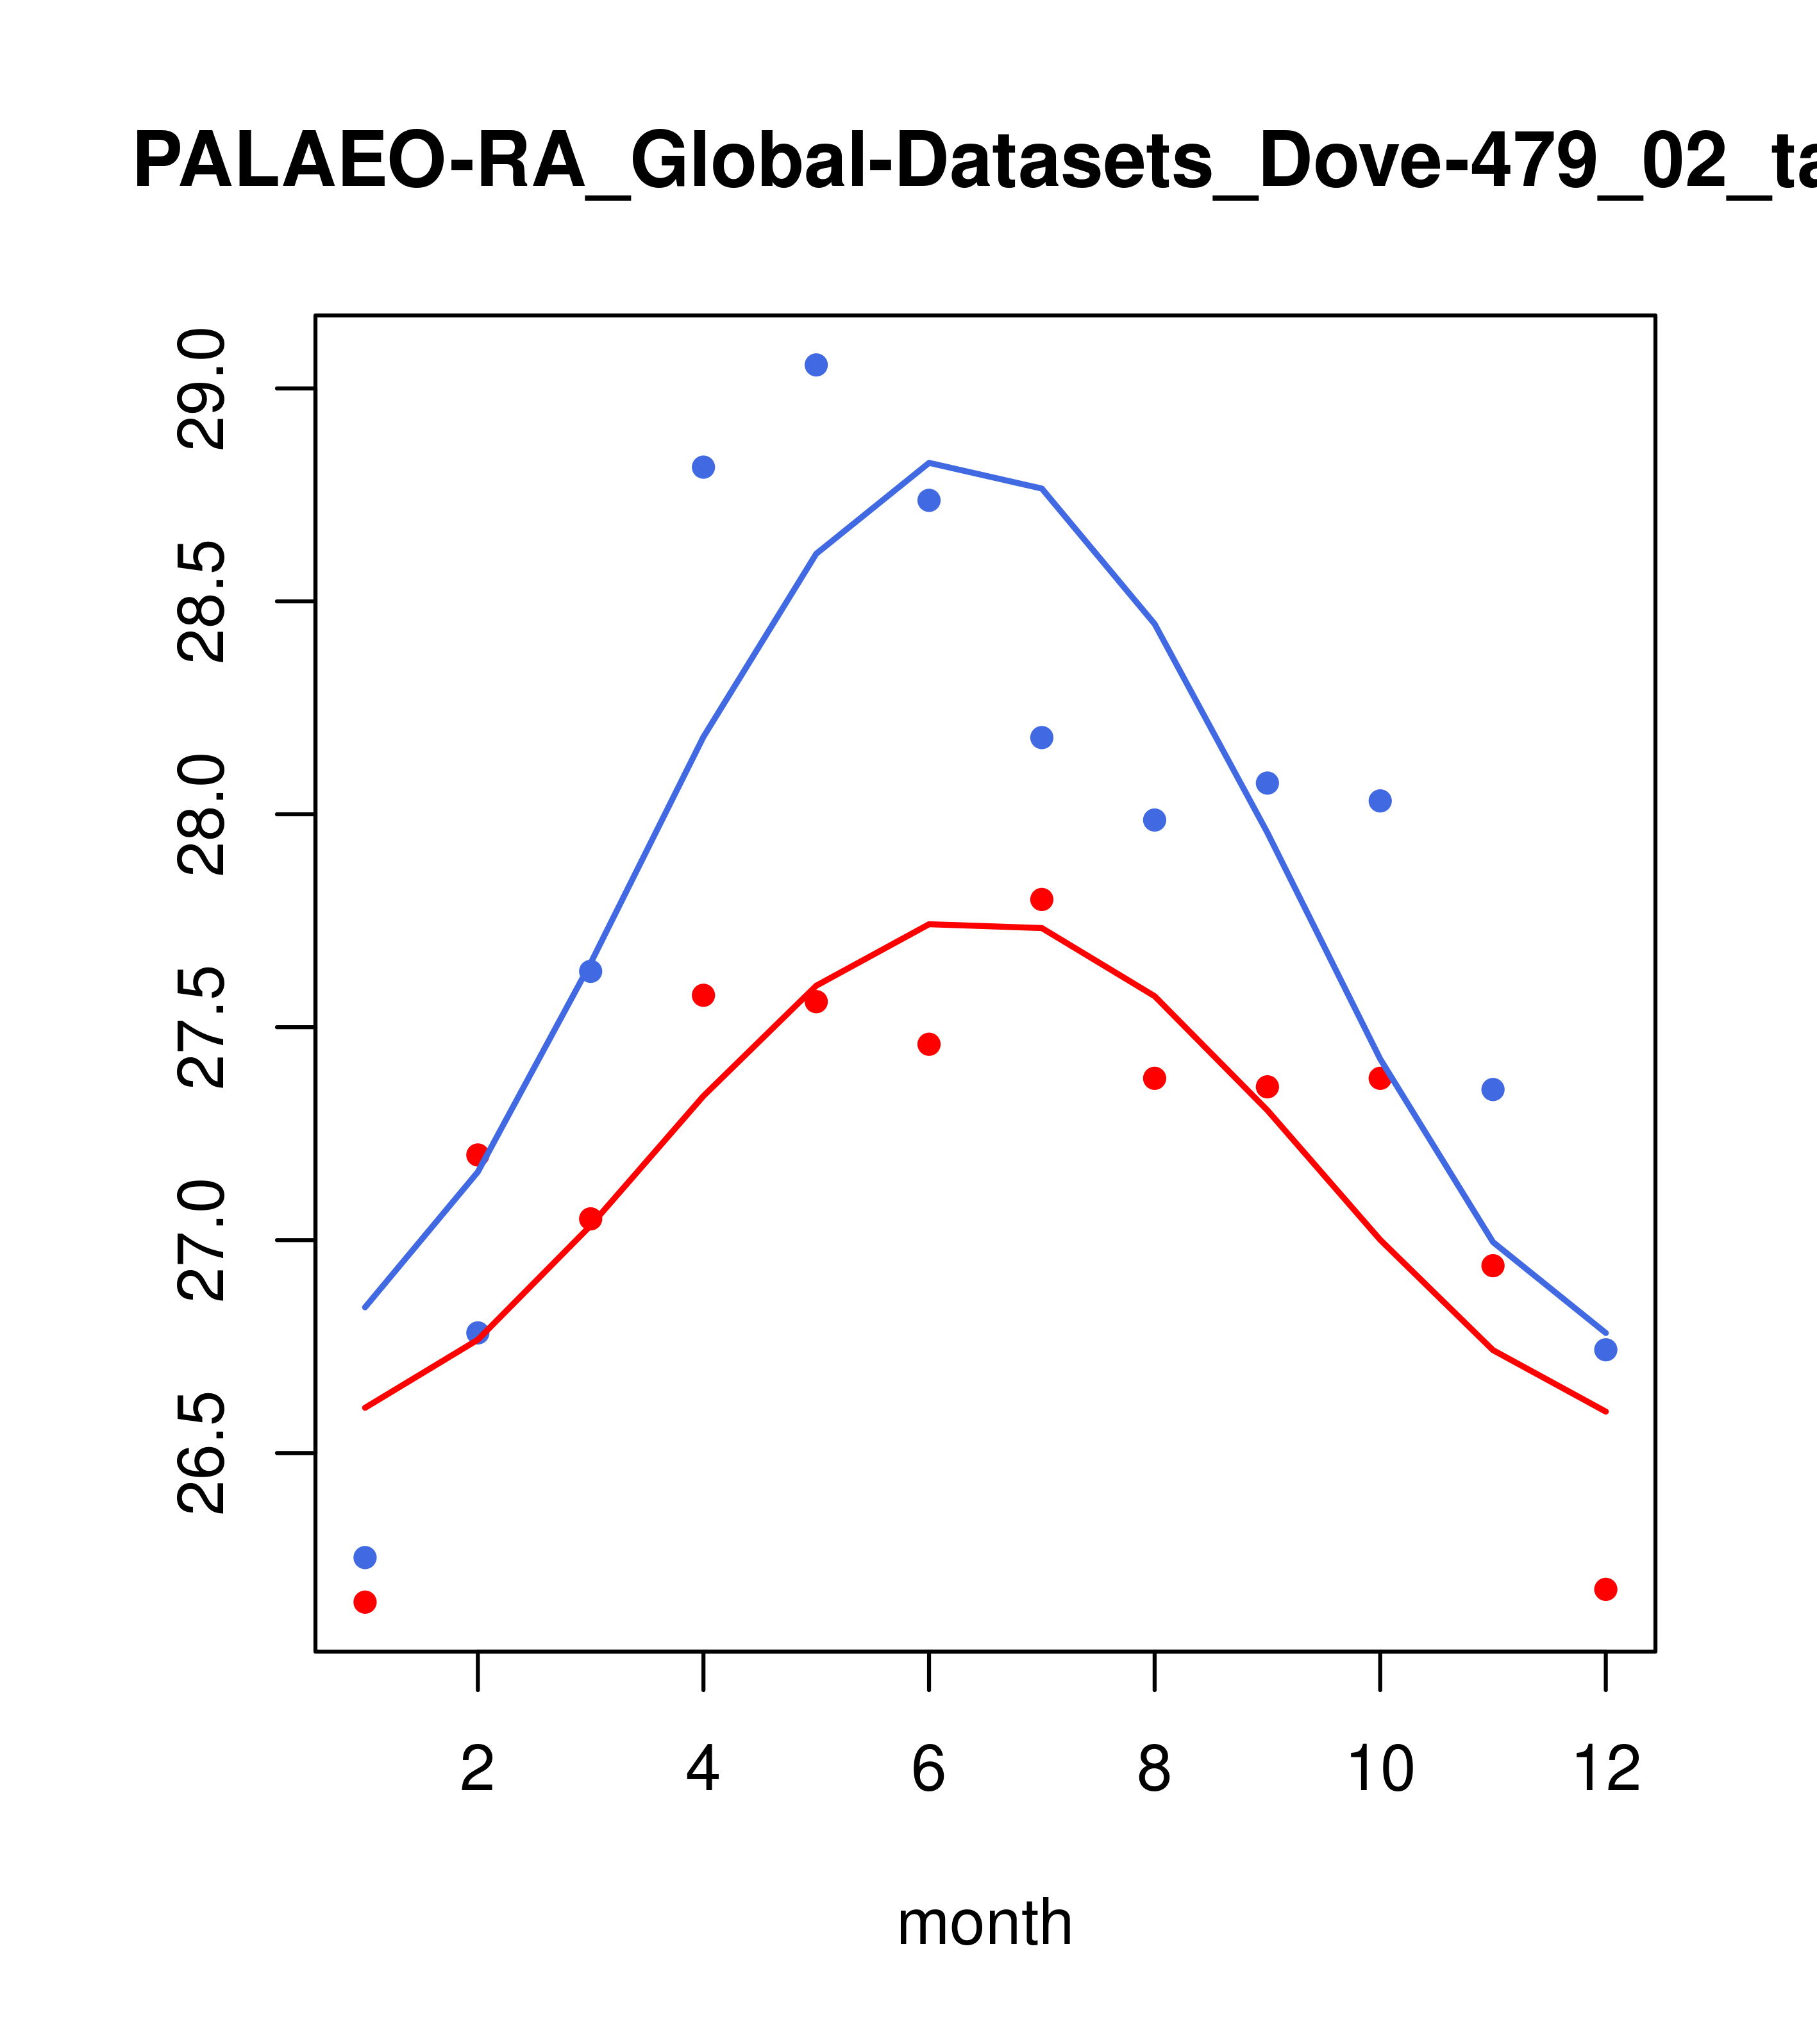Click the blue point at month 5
[x=816, y=365]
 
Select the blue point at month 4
[x=703, y=467]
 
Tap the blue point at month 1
[x=365, y=1557]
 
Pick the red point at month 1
[x=365, y=1602]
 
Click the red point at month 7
[x=1041, y=899]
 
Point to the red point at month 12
[x=1605, y=1589]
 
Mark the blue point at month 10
[x=1380, y=801]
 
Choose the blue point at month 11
[x=1492, y=1089]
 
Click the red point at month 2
[x=478, y=1155]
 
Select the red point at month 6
[x=929, y=1044]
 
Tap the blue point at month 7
[x=1041, y=737]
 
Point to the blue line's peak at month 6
[x=929, y=463]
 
